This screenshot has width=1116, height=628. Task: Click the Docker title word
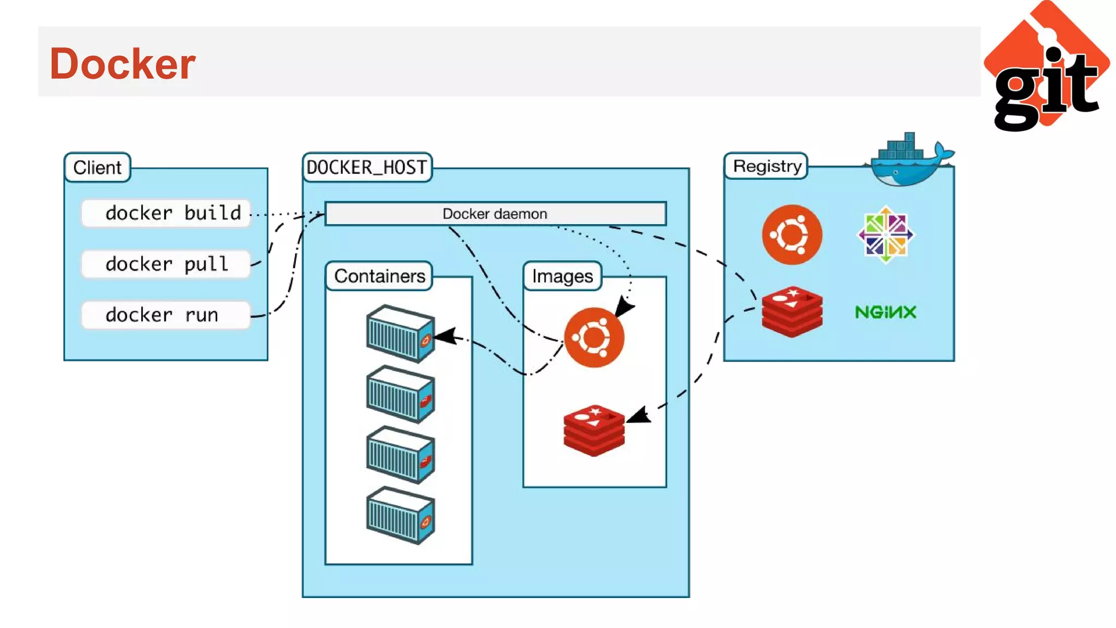(122, 64)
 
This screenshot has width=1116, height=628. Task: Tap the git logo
(1047, 68)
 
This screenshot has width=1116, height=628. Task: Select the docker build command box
(166, 213)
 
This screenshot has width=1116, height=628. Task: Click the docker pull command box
(166, 264)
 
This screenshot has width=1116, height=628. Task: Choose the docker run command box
(166, 315)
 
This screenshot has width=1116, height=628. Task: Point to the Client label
(97, 167)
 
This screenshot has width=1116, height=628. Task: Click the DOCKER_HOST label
(367, 167)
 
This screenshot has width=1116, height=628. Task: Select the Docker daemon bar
(495, 214)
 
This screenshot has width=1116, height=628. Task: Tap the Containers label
(379, 276)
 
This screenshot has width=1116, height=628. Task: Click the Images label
(562, 276)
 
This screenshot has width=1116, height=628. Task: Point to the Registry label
(767, 166)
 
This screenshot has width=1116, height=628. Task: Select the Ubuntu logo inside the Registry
(792, 235)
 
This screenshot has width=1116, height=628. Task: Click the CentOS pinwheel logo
(885, 235)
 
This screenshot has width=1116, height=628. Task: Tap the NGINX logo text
(885, 312)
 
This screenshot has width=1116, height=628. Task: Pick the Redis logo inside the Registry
(792, 312)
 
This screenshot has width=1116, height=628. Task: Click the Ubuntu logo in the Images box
(594, 337)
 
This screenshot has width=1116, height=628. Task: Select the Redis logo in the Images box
(594, 430)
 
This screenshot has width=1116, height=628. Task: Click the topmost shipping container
(401, 334)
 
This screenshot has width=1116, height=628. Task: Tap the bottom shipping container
(401, 515)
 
